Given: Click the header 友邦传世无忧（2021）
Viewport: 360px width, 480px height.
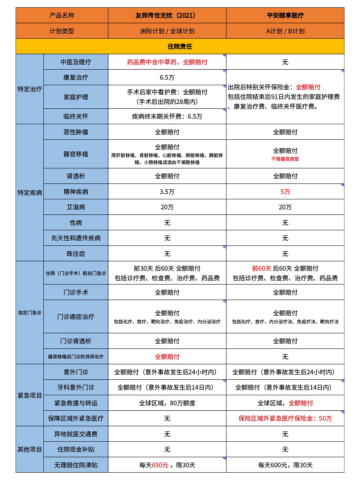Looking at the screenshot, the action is click(x=167, y=15).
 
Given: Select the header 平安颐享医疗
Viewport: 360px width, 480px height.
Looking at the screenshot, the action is click(x=285, y=15).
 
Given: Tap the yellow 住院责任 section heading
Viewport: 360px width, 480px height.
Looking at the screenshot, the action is click(x=180, y=46).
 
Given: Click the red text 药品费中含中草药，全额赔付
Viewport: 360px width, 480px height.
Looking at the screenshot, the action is click(x=167, y=62).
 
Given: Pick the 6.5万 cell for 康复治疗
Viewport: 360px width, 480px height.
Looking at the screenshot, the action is click(x=167, y=77).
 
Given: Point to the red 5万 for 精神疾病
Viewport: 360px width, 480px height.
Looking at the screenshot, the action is click(x=285, y=192).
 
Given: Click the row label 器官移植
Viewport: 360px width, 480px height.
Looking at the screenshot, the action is click(x=76, y=154).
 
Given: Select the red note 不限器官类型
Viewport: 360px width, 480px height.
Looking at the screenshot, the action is click(x=285, y=159).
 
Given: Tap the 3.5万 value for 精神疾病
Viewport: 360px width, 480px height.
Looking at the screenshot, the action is click(x=167, y=192).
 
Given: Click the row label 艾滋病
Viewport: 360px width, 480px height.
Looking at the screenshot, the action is click(x=76, y=207).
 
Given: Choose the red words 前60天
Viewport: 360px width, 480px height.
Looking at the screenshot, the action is click(x=262, y=268).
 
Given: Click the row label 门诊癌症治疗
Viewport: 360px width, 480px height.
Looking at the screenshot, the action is click(x=76, y=317).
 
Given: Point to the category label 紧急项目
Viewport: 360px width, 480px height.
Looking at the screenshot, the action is click(x=30, y=395).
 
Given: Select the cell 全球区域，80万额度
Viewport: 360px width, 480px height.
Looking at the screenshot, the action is click(x=167, y=403).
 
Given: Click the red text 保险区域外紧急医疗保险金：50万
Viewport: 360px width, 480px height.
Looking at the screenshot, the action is click(x=285, y=418).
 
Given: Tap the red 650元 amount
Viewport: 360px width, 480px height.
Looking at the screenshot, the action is click(x=160, y=465).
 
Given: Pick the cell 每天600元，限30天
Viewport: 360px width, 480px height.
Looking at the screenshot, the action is click(x=285, y=465).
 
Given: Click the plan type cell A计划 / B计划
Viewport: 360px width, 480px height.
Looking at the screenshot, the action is click(x=285, y=31).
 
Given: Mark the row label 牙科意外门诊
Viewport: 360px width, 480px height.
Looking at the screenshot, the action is click(x=76, y=387).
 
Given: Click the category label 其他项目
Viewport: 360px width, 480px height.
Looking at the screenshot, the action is click(x=30, y=449).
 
